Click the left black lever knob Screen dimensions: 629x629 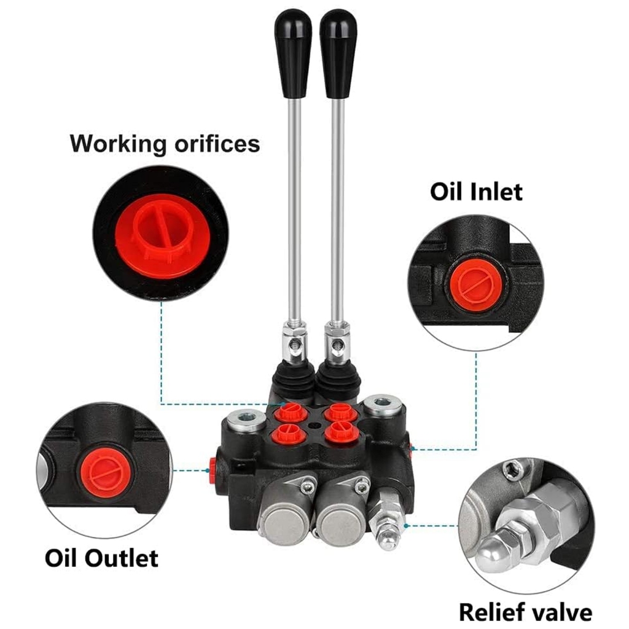[293, 52]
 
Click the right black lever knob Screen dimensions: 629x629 [338, 52]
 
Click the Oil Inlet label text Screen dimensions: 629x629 [476, 191]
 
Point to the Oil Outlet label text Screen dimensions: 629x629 [101, 558]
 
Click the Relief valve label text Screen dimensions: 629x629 [525, 612]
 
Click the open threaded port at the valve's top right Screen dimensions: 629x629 [381, 405]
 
